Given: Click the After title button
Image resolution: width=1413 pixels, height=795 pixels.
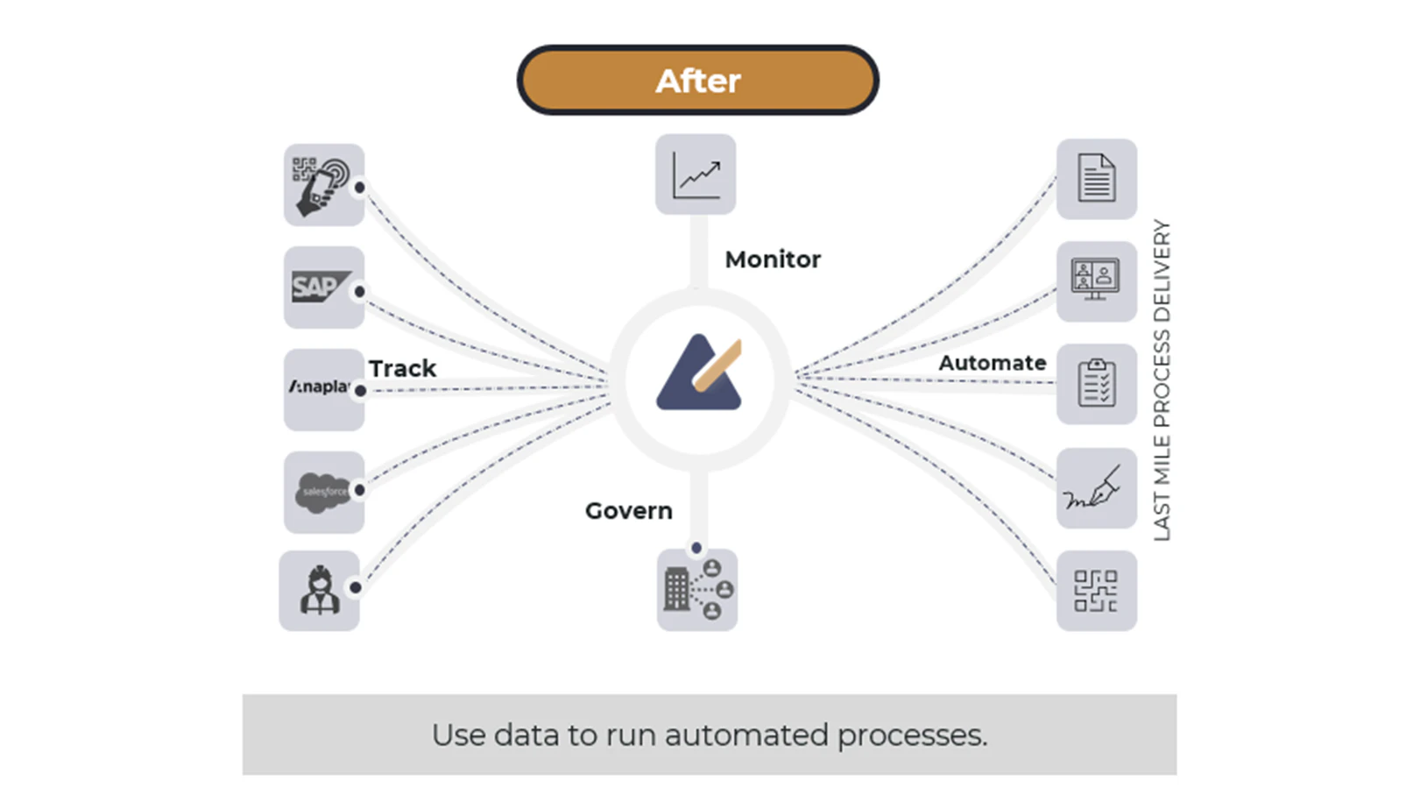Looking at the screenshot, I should point(697,81).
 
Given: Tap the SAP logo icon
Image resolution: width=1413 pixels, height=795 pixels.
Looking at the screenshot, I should point(321,287).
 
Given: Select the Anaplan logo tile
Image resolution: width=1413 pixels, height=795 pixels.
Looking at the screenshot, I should point(322,388).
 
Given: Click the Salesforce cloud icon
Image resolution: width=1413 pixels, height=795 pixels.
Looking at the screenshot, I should point(323,492).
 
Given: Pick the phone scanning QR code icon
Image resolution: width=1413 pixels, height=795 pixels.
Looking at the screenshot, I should point(322,185).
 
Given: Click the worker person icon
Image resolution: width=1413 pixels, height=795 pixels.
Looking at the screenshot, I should point(319,590).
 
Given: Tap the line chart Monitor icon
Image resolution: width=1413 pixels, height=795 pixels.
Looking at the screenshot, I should point(696,174).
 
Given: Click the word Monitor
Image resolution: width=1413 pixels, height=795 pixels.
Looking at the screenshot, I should point(773,259).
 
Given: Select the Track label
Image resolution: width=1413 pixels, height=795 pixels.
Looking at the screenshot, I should point(402,368).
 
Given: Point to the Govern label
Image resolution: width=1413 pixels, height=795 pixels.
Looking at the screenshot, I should point(628,510).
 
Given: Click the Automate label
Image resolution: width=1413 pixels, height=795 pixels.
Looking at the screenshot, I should point(992,363).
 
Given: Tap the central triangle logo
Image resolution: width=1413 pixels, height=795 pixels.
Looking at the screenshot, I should point(699,374).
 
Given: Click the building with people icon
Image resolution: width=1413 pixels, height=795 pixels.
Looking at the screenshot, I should point(697,589).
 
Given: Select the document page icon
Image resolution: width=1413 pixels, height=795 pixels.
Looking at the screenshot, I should point(1096,179).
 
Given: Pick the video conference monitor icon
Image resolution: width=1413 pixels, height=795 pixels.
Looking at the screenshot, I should point(1096,281).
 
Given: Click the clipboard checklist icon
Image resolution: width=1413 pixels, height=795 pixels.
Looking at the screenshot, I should point(1096,384).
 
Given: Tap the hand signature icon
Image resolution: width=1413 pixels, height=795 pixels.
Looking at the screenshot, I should point(1096,488).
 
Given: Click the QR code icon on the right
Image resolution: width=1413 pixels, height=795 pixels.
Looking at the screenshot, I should point(1096,591).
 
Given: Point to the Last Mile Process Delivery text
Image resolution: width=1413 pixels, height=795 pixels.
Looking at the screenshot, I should point(1162,380).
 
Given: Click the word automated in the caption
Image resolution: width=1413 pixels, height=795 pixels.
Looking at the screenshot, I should point(745,735).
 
